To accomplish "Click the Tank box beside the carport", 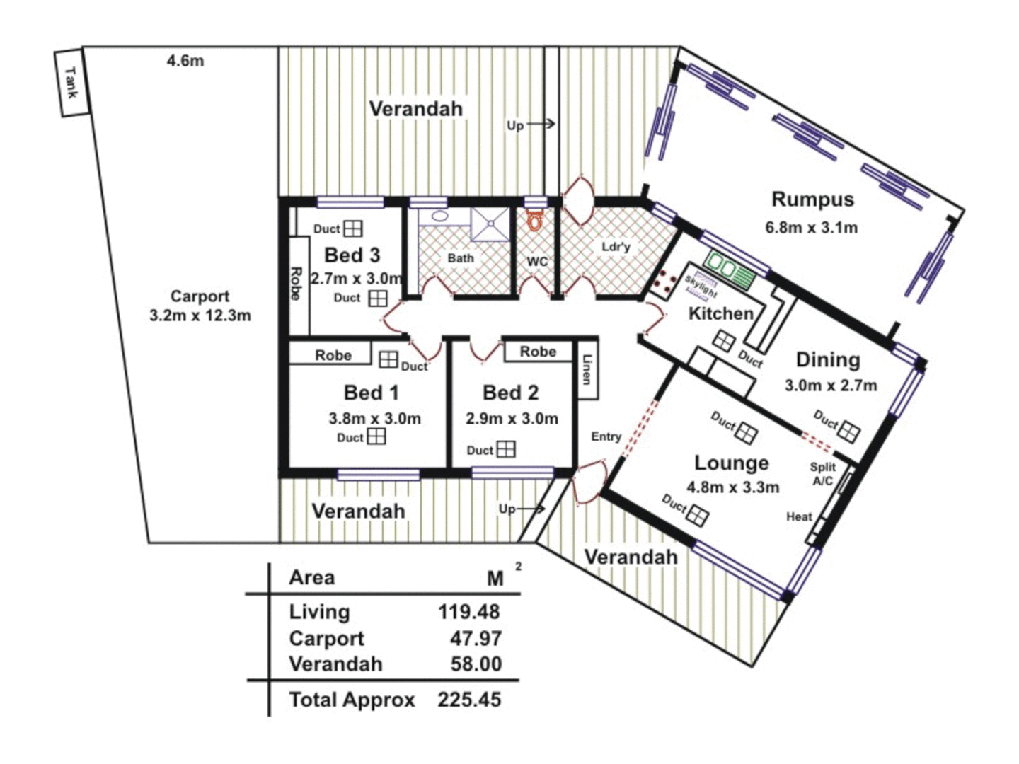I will point(72,82).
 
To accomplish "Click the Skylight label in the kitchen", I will point(701,286).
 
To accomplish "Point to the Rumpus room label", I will point(812,199).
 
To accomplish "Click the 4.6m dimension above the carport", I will point(185,62).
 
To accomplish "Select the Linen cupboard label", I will point(587,369).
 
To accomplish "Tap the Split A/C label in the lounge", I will point(822,474).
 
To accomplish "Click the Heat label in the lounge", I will point(799,517).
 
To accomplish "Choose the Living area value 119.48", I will point(468,612).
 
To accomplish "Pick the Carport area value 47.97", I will point(476,639).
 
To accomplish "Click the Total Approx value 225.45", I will point(468,700).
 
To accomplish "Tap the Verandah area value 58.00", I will point(476,664).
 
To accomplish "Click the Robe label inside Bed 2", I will point(538,352).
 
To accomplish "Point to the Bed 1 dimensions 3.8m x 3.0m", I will point(374,419).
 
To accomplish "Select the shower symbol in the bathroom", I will point(490,224).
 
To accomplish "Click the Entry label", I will point(606,437).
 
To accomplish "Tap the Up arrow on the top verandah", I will point(531,125).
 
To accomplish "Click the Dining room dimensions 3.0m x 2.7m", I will point(830,386).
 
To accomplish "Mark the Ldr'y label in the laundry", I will point(615,247).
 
